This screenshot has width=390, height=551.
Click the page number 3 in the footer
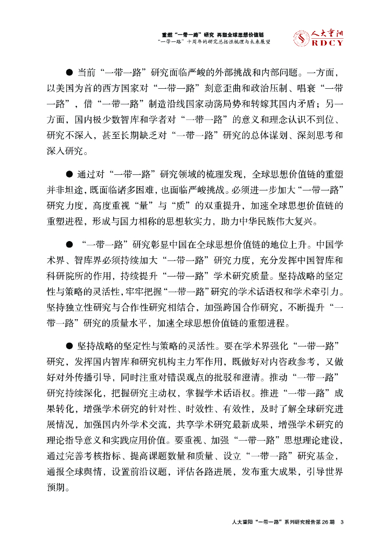(x=342, y=522)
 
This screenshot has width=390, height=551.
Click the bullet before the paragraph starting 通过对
(x=69, y=174)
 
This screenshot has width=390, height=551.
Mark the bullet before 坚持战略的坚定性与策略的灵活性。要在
(x=69, y=344)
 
